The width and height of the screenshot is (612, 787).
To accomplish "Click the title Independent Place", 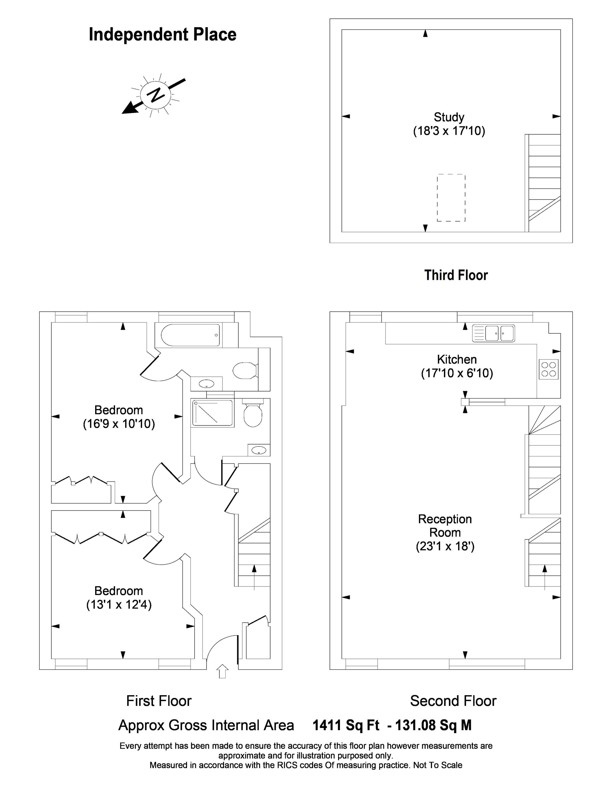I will point(162,35).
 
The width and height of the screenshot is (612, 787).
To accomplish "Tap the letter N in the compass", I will point(156,94).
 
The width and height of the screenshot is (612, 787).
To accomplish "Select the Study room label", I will point(449,117).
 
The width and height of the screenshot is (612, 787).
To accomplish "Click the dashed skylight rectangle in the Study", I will point(451,197).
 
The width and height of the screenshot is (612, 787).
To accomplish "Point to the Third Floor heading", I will point(456,275).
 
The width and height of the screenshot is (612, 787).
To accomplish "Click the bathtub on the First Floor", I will point(190,335).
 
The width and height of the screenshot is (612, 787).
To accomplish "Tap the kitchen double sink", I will point(494,333).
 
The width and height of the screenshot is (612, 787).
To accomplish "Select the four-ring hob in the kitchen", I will point(549,369).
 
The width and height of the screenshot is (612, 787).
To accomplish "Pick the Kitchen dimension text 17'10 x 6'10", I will point(457,373).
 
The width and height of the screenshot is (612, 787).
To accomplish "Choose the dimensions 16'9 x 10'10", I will point(119,424).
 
